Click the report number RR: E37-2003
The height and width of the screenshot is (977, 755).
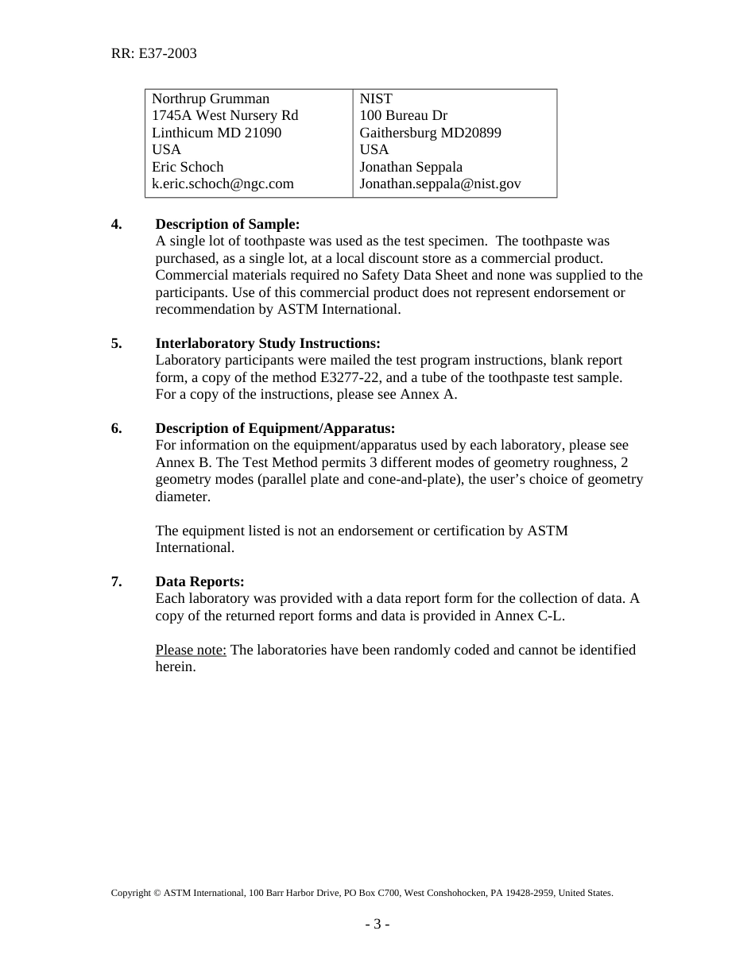coord(153,54)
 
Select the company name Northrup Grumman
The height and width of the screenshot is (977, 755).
coord(211,98)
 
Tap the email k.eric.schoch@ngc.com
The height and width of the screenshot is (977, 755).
coord(223,183)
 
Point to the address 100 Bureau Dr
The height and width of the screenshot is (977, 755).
coord(403,116)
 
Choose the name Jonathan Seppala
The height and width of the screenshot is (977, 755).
coord(411,167)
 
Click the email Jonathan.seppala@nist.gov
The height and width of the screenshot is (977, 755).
coord(440,183)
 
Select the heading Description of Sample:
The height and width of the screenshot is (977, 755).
coord(227,224)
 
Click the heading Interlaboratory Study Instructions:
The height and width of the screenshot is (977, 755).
coord(268,343)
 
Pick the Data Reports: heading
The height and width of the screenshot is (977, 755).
coord(199,581)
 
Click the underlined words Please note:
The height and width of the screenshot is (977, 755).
coord(191,650)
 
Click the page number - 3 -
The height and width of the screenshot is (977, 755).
coord(377,924)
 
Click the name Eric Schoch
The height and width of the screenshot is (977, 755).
coord(188,167)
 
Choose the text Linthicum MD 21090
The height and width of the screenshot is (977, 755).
coord(216,133)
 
